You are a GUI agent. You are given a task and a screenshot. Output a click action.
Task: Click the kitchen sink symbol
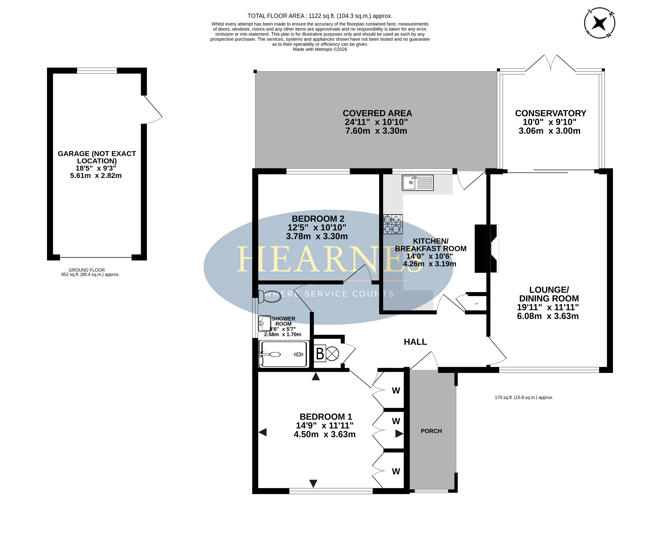coord(417,183)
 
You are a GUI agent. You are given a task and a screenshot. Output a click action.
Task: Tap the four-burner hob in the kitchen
coord(393,224)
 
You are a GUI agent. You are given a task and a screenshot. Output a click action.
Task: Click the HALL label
coord(415,342)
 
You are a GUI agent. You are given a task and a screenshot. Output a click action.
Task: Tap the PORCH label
coord(431,431)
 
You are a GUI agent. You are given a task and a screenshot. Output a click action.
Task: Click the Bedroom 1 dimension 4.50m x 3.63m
coord(325,434)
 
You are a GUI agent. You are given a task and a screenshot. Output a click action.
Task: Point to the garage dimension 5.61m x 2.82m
coord(96,175)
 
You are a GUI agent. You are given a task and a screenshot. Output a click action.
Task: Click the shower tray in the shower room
coord(284,354)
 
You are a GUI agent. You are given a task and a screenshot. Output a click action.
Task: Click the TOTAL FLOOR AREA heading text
coord(320,16)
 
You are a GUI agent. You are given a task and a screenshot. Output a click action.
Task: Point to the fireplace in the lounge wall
coord(486,248)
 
